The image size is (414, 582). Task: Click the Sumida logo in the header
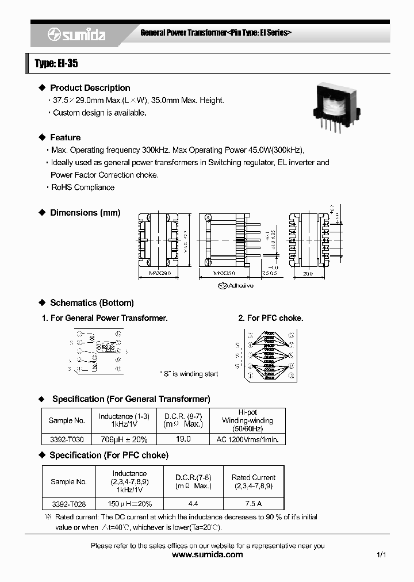point(76,35)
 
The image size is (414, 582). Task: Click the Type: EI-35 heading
point(56,64)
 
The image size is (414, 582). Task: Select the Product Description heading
point(90,88)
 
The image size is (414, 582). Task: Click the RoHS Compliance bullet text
point(83,187)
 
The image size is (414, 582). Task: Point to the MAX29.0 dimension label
point(160,273)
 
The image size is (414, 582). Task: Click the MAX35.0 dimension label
point(224,273)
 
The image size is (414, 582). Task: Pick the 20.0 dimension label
point(308,274)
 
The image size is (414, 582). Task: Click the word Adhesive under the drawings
point(241,285)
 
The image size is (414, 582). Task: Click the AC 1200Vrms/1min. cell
point(247,439)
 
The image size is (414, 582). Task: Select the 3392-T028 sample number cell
point(68,503)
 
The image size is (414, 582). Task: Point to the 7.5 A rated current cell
point(254,503)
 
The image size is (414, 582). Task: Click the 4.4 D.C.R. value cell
point(193,503)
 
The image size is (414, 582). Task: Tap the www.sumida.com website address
point(208,555)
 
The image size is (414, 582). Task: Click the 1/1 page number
point(381,555)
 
